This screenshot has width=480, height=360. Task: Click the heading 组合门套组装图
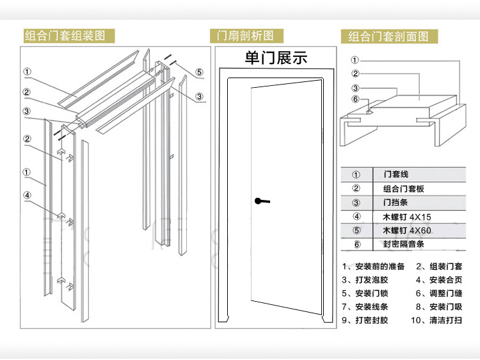click(x=65, y=35)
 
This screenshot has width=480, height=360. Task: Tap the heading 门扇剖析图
click(x=245, y=35)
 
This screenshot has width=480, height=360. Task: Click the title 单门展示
click(x=276, y=58)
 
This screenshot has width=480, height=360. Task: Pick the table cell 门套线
click(x=396, y=174)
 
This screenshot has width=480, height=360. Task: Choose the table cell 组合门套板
click(x=403, y=188)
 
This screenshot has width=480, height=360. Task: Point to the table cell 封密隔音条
click(x=403, y=244)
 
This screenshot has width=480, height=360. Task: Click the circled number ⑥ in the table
click(x=356, y=244)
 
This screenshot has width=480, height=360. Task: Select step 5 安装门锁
click(x=365, y=293)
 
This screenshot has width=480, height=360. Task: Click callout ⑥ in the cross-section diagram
click(x=355, y=99)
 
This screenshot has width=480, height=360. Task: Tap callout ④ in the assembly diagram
click(x=27, y=196)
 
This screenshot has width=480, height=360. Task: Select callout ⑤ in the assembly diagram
click(x=199, y=72)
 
